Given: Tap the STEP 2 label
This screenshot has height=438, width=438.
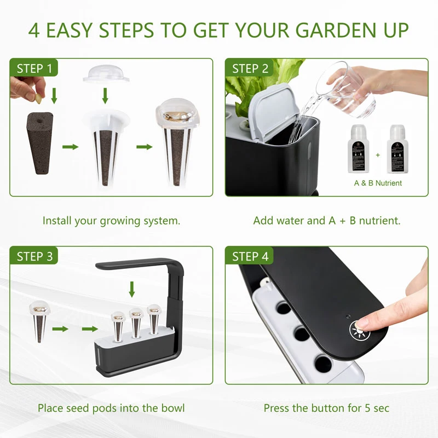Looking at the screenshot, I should (250, 68).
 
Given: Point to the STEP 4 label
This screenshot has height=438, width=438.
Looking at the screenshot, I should (250, 256).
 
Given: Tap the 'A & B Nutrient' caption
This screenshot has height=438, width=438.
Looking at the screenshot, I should (377, 183).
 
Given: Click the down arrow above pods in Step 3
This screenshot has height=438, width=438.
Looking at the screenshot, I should (131, 289).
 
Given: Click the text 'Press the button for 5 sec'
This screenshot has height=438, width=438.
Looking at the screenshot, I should (326, 408).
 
